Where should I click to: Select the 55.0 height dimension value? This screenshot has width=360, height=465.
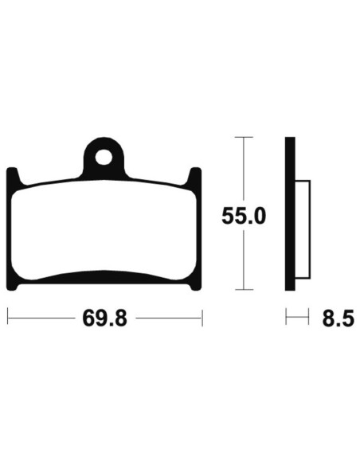coord(242,215)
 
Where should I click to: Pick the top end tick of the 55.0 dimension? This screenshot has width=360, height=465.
coord(242,138)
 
